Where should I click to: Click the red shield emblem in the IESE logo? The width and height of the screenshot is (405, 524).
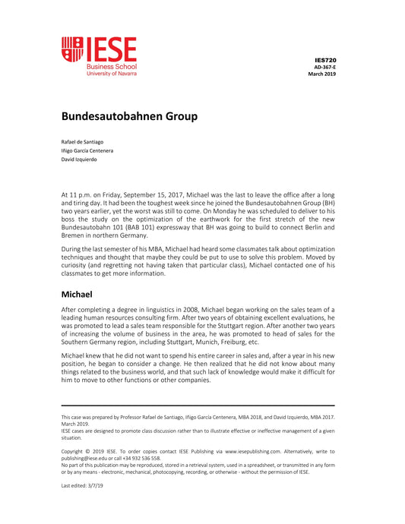tap(72, 49)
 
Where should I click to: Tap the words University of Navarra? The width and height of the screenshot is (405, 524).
tap(111, 74)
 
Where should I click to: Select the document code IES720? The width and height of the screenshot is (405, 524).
tap(325, 59)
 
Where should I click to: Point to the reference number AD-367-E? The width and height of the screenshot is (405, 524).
tap(324, 67)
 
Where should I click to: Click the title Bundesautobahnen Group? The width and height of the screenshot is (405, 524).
tap(129, 116)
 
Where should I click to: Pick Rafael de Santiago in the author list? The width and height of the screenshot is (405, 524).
tap(83, 142)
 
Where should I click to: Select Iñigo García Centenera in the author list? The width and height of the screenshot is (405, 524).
tap(87, 150)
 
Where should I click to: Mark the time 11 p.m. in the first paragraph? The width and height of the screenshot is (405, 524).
tap(79, 195)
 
